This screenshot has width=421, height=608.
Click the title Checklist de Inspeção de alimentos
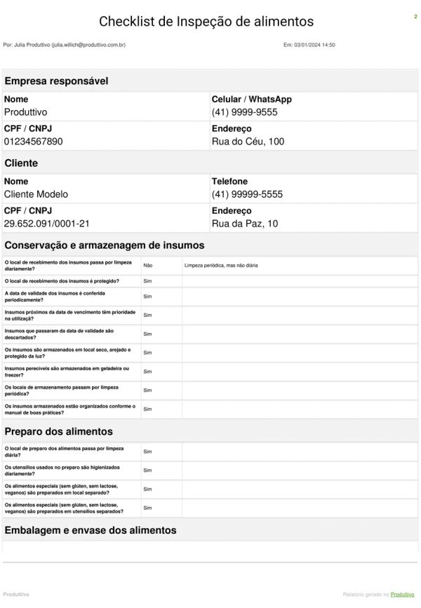[x=206, y=22]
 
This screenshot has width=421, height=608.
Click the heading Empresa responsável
[x=56, y=81]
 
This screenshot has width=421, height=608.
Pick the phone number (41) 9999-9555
[x=244, y=112]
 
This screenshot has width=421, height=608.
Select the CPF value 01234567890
[x=34, y=142]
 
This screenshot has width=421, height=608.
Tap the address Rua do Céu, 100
[x=248, y=142]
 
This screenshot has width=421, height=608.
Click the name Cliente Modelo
[x=36, y=194]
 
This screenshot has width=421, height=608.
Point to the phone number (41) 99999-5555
[x=247, y=194]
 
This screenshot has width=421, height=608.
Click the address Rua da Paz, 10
[x=245, y=224]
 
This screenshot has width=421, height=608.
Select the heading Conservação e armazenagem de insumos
[x=104, y=245]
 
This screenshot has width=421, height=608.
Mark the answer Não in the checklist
[x=147, y=266]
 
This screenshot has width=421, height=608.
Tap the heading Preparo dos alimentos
[x=58, y=431]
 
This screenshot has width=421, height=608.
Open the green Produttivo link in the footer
[x=403, y=594]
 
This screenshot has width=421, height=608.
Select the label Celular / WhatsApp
[x=251, y=100]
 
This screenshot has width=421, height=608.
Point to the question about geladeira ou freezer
[x=67, y=371]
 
